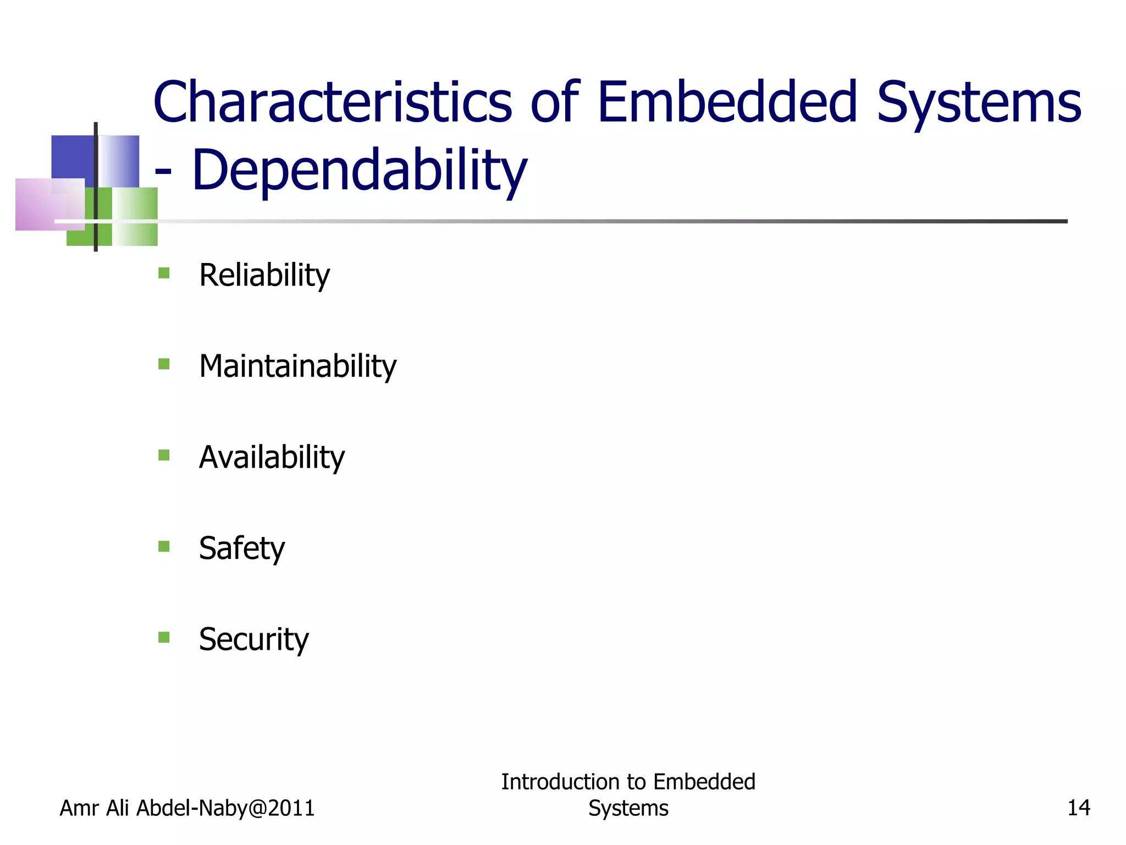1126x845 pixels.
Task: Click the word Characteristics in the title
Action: pos(333,103)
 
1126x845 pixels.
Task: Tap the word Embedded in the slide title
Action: pos(727,103)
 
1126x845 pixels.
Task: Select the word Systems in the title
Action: pos(979,103)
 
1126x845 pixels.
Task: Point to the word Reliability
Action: pos(264,275)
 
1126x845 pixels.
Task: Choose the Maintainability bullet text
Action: pos(297,366)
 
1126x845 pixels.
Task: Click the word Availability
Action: pos(272,457)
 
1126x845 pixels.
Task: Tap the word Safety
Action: pos(242,548)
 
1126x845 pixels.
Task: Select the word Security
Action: pos(253,639)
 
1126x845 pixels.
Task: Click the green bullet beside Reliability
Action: pos(164,273)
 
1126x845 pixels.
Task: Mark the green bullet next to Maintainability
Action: pos(164,364)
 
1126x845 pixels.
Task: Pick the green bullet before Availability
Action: pos(164,455)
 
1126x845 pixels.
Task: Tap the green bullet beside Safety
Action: pos(164,546)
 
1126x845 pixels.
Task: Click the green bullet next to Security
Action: pos(164,637)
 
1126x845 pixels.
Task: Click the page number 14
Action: pos(1078,808)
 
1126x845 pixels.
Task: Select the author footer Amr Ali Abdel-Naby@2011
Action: pos(187,808)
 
